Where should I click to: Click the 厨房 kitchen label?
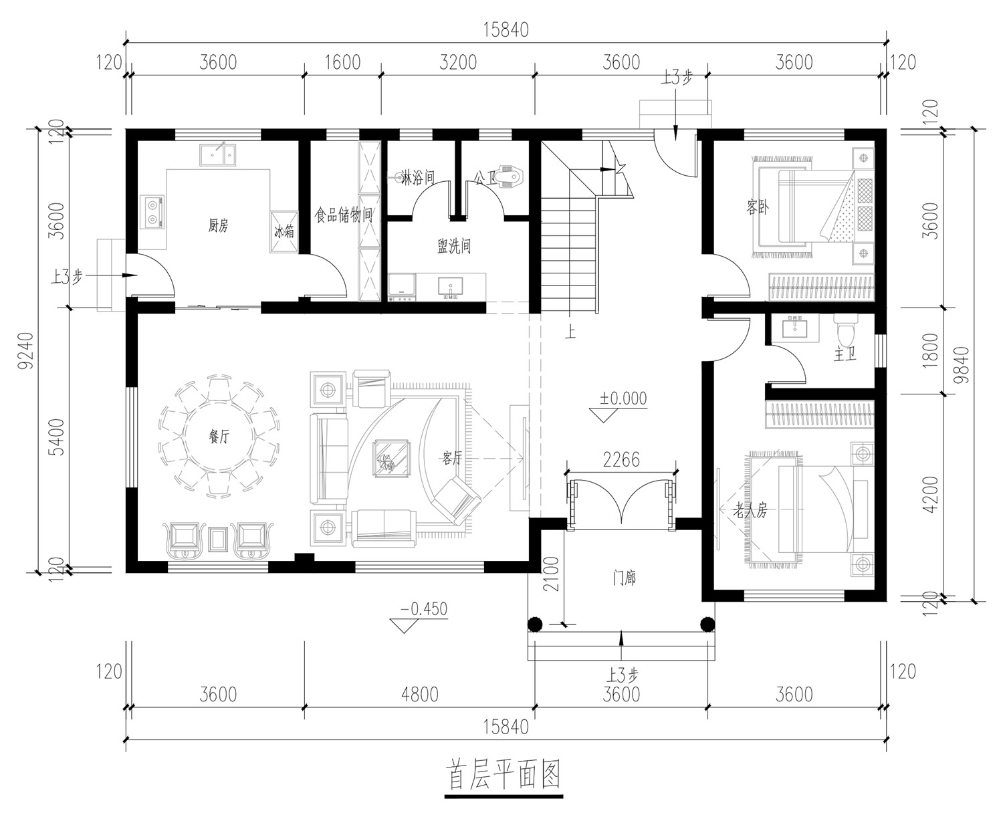pos(218,225)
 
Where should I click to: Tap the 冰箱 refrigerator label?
pos(284,231)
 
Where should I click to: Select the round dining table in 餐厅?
pos(219,436)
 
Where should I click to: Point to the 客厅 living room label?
pos(452,458)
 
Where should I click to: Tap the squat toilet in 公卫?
pos(510,175)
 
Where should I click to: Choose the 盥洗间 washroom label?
pos(454,246)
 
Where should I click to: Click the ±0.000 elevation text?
pos(623,398)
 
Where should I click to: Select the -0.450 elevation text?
pos(424,609)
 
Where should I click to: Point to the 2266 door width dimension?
pos(621,460)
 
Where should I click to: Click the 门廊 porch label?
pos(624,578)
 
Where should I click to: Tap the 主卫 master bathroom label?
pos(845,355)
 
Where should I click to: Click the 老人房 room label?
pos(750,511)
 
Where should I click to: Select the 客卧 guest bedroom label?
pos(757,207)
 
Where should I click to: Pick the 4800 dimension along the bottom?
pos(419,695)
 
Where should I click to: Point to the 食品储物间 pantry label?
pos(344,215)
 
